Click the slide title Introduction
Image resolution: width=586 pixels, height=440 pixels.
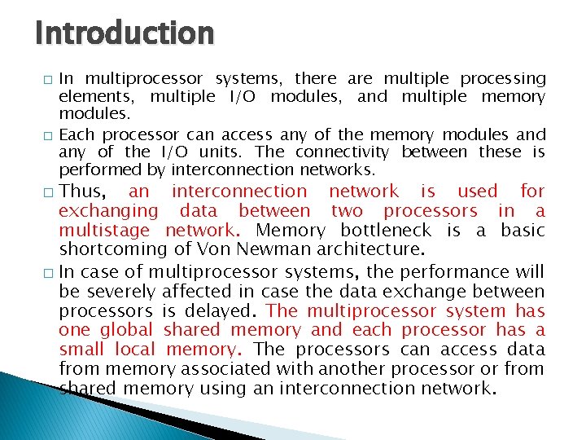tap(125, 33)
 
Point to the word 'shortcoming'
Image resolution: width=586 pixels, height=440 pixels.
tap(112, 250)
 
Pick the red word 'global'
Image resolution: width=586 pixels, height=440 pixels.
tap(126, 330)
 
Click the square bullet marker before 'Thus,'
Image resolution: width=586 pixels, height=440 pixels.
tap(48, 192)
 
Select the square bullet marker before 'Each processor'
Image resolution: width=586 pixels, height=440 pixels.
tap(48, 135)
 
